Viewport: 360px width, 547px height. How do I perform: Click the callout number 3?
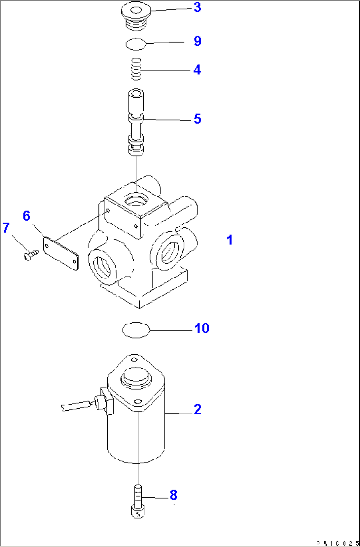(197, 7)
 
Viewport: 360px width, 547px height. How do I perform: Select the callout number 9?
(197, 41)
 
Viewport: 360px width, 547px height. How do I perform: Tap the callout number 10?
(201, 328)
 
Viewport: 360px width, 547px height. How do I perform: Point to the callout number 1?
(230, 240)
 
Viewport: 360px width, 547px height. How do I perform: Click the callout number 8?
(173, 495)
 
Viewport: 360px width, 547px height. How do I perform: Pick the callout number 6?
(26, 216)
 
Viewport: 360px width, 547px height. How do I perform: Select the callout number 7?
(6, 228)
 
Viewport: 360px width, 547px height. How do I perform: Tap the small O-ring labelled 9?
(136, 44)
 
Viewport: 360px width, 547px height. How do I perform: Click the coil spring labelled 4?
(136, 69)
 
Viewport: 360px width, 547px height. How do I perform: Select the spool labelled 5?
(136, 122)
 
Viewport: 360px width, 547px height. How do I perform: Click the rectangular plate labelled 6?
(61, 253)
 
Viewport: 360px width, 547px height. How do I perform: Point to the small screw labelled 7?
(30, 255)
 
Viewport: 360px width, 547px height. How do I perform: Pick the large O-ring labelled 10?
(136, 330)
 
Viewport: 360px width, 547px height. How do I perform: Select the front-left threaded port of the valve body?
(102, 266)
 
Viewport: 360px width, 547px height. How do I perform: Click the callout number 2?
(197, 409)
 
